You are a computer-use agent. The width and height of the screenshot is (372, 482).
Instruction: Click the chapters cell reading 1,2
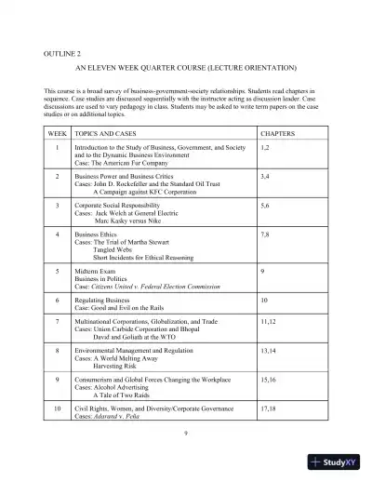[x=266, y=148]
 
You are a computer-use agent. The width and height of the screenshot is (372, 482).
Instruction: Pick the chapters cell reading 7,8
[x=266, y=235]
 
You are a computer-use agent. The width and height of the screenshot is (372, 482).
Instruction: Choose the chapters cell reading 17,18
[x=269, y=408]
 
